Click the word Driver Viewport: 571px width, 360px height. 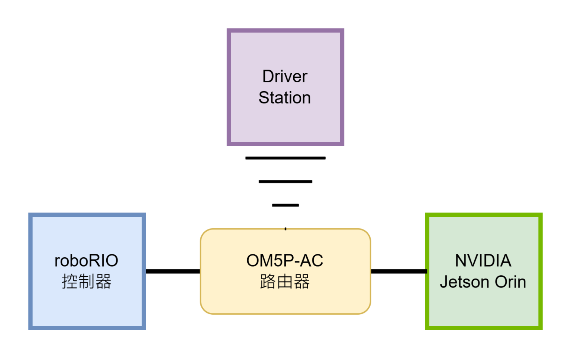coord(285,77)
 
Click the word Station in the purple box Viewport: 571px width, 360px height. coord(285,98)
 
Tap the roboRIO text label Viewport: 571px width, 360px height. coord(86,261)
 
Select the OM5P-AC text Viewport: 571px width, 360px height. coord(285,261)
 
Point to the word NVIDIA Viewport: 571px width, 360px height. coord(483,261)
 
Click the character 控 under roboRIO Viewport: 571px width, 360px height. coord(70,282)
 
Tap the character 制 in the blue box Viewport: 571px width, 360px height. coord(87,282)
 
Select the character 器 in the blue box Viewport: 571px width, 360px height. coord(103,282)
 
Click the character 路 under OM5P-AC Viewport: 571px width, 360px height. coord(268,282)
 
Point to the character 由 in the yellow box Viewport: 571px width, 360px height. coord(285,282)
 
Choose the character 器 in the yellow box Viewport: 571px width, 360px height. coord(302,282)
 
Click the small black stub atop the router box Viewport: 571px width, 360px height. coord(285,229)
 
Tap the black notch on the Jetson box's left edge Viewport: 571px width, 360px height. coord(426,271)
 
